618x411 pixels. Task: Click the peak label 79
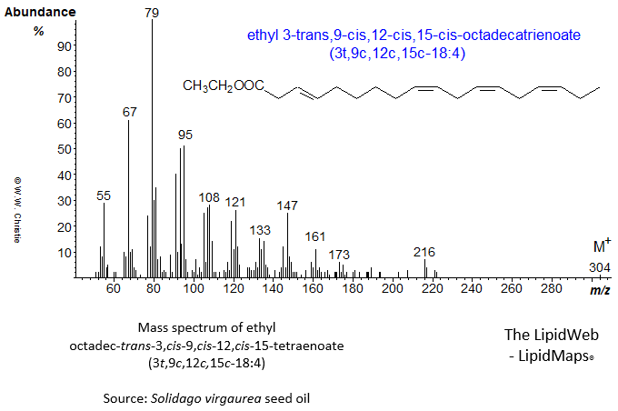tap(152, 13)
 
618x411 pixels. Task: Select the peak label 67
tap(129, 112)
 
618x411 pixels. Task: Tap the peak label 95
tap(185, 135)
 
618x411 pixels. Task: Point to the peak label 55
tap(104, 195)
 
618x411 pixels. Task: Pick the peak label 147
tap(287, 205)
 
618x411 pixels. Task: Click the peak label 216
tap(424, 252)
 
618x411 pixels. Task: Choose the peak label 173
tap(340, 255)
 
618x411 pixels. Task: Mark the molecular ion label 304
tap(599, 267)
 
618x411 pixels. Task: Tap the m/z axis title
tap(600, 289)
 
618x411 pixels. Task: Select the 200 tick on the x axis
tap(393, 289)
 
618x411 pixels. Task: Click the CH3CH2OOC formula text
tap(223, 86)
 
